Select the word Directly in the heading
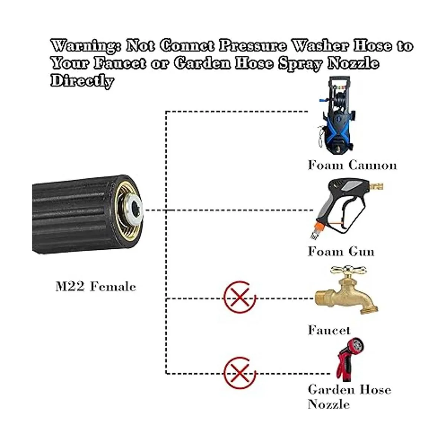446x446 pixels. pos(82,81)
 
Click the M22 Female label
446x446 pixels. pos(96,287)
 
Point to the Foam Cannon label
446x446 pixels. pos(352,165)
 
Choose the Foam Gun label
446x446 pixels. pos(341,251)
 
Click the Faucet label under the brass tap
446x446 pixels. pos(329,330)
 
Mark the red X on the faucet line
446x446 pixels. pos(240,297)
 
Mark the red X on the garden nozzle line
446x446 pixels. pos(240,373)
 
